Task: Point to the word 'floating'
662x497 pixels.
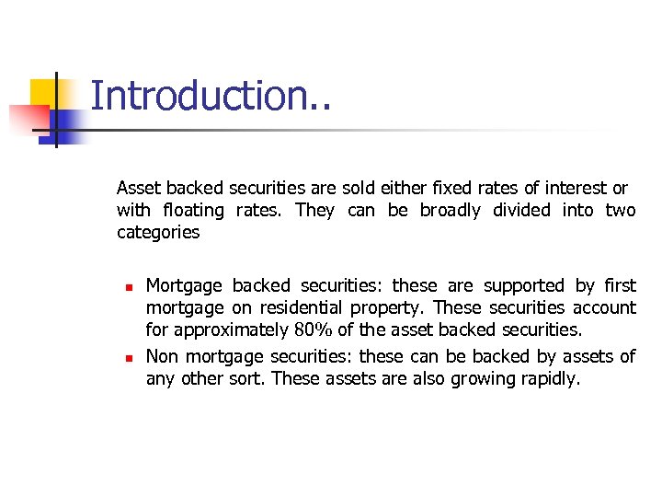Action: pos(195,210)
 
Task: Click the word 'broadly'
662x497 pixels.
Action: pos(450,210)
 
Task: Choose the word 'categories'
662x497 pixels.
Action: pos(158,232)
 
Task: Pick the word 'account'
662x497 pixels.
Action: pos(604,307)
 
